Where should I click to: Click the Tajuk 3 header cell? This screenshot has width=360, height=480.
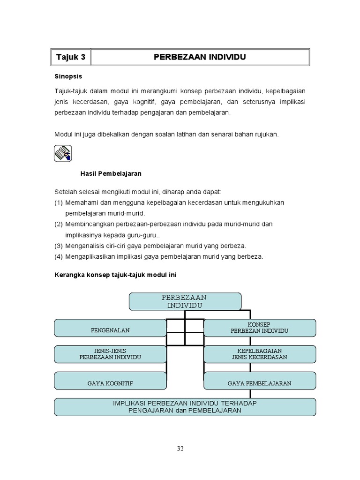[71, 57]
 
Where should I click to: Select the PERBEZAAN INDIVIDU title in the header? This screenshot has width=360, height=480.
[200, 57]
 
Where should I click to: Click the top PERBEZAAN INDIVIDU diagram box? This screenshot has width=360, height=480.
[185, 301]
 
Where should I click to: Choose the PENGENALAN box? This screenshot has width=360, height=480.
[110, 328]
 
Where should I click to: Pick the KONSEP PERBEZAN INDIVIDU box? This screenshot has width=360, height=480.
[259, 328]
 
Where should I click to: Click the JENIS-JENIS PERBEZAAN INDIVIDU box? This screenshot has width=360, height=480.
[110, 354]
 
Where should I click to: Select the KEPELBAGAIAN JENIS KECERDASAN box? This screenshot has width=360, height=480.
[259, 354]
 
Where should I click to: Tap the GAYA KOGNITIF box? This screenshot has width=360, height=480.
[110, 381]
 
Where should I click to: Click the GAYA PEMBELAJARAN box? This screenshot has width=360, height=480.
[259, 381]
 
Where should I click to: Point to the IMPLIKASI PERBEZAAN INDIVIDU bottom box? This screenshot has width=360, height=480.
[185, 407]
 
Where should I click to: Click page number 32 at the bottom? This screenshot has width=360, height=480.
[180, 448]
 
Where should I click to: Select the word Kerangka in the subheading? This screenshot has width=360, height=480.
[69, 275]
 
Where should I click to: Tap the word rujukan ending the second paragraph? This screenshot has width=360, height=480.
[266, 134]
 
